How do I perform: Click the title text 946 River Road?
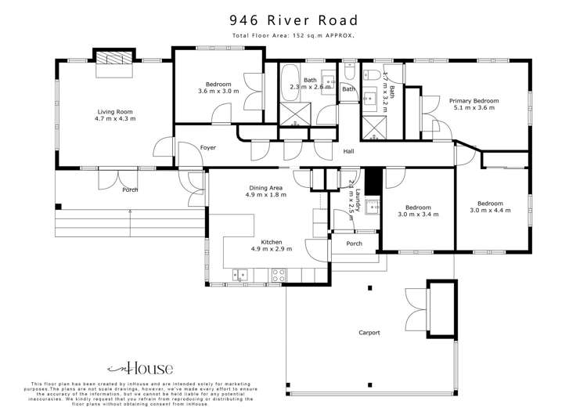(293, 20)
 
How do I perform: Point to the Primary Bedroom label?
(474, 100)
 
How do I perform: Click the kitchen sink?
(240, 274)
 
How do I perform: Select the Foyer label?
(208, 147)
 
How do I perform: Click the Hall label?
(349, 151)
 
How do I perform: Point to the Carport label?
(369, 333)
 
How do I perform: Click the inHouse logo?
(140, 367)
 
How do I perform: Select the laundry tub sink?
(373, 207)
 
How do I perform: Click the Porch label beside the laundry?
(354, 244)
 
